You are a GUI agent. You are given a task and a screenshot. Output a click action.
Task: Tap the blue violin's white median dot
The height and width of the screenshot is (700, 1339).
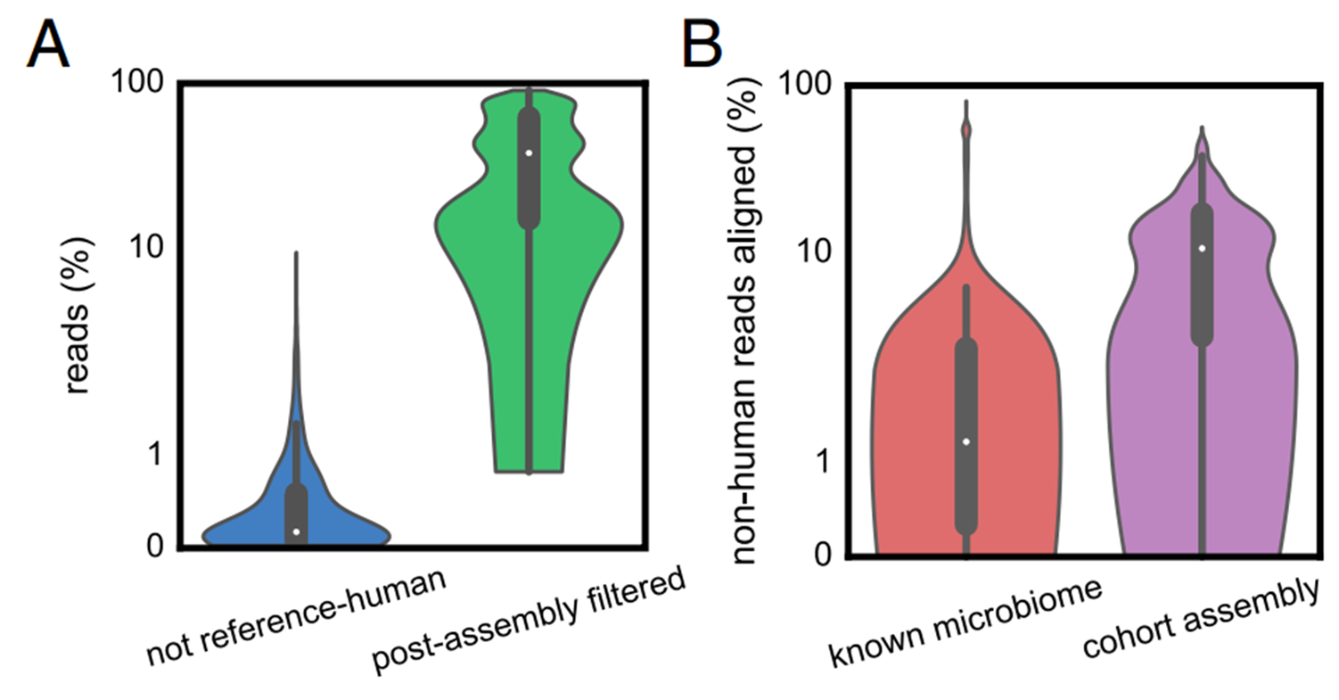tap(296, 532)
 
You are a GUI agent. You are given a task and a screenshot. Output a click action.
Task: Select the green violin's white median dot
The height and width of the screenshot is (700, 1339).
tap(529, 152)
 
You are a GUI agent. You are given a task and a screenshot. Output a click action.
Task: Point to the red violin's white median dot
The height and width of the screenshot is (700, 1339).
tap(966, 441)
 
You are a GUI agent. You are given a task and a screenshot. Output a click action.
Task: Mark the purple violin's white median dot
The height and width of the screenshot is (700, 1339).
tap(1203, 248)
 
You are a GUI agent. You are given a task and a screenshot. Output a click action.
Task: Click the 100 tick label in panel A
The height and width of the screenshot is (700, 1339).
tap(142, 84)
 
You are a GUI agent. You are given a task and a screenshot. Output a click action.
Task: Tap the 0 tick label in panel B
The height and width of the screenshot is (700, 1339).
tap(829, 555)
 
